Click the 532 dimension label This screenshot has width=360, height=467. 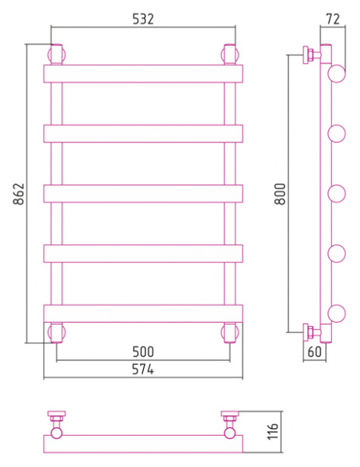tap(143, 19)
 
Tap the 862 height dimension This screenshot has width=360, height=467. tap(19, 194)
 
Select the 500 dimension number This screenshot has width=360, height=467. tap(143, 352)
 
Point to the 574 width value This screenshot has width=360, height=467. tap(143, 370)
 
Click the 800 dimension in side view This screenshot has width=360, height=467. tap(280, 194)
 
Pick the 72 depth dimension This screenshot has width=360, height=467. tap(333, 19)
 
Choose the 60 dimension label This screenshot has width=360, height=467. tap(314, 352)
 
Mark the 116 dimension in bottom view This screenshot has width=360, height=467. tap(273, 431)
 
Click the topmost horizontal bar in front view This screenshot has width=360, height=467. tap(143, 74)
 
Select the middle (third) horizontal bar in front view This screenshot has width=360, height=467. tap(143, 194)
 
